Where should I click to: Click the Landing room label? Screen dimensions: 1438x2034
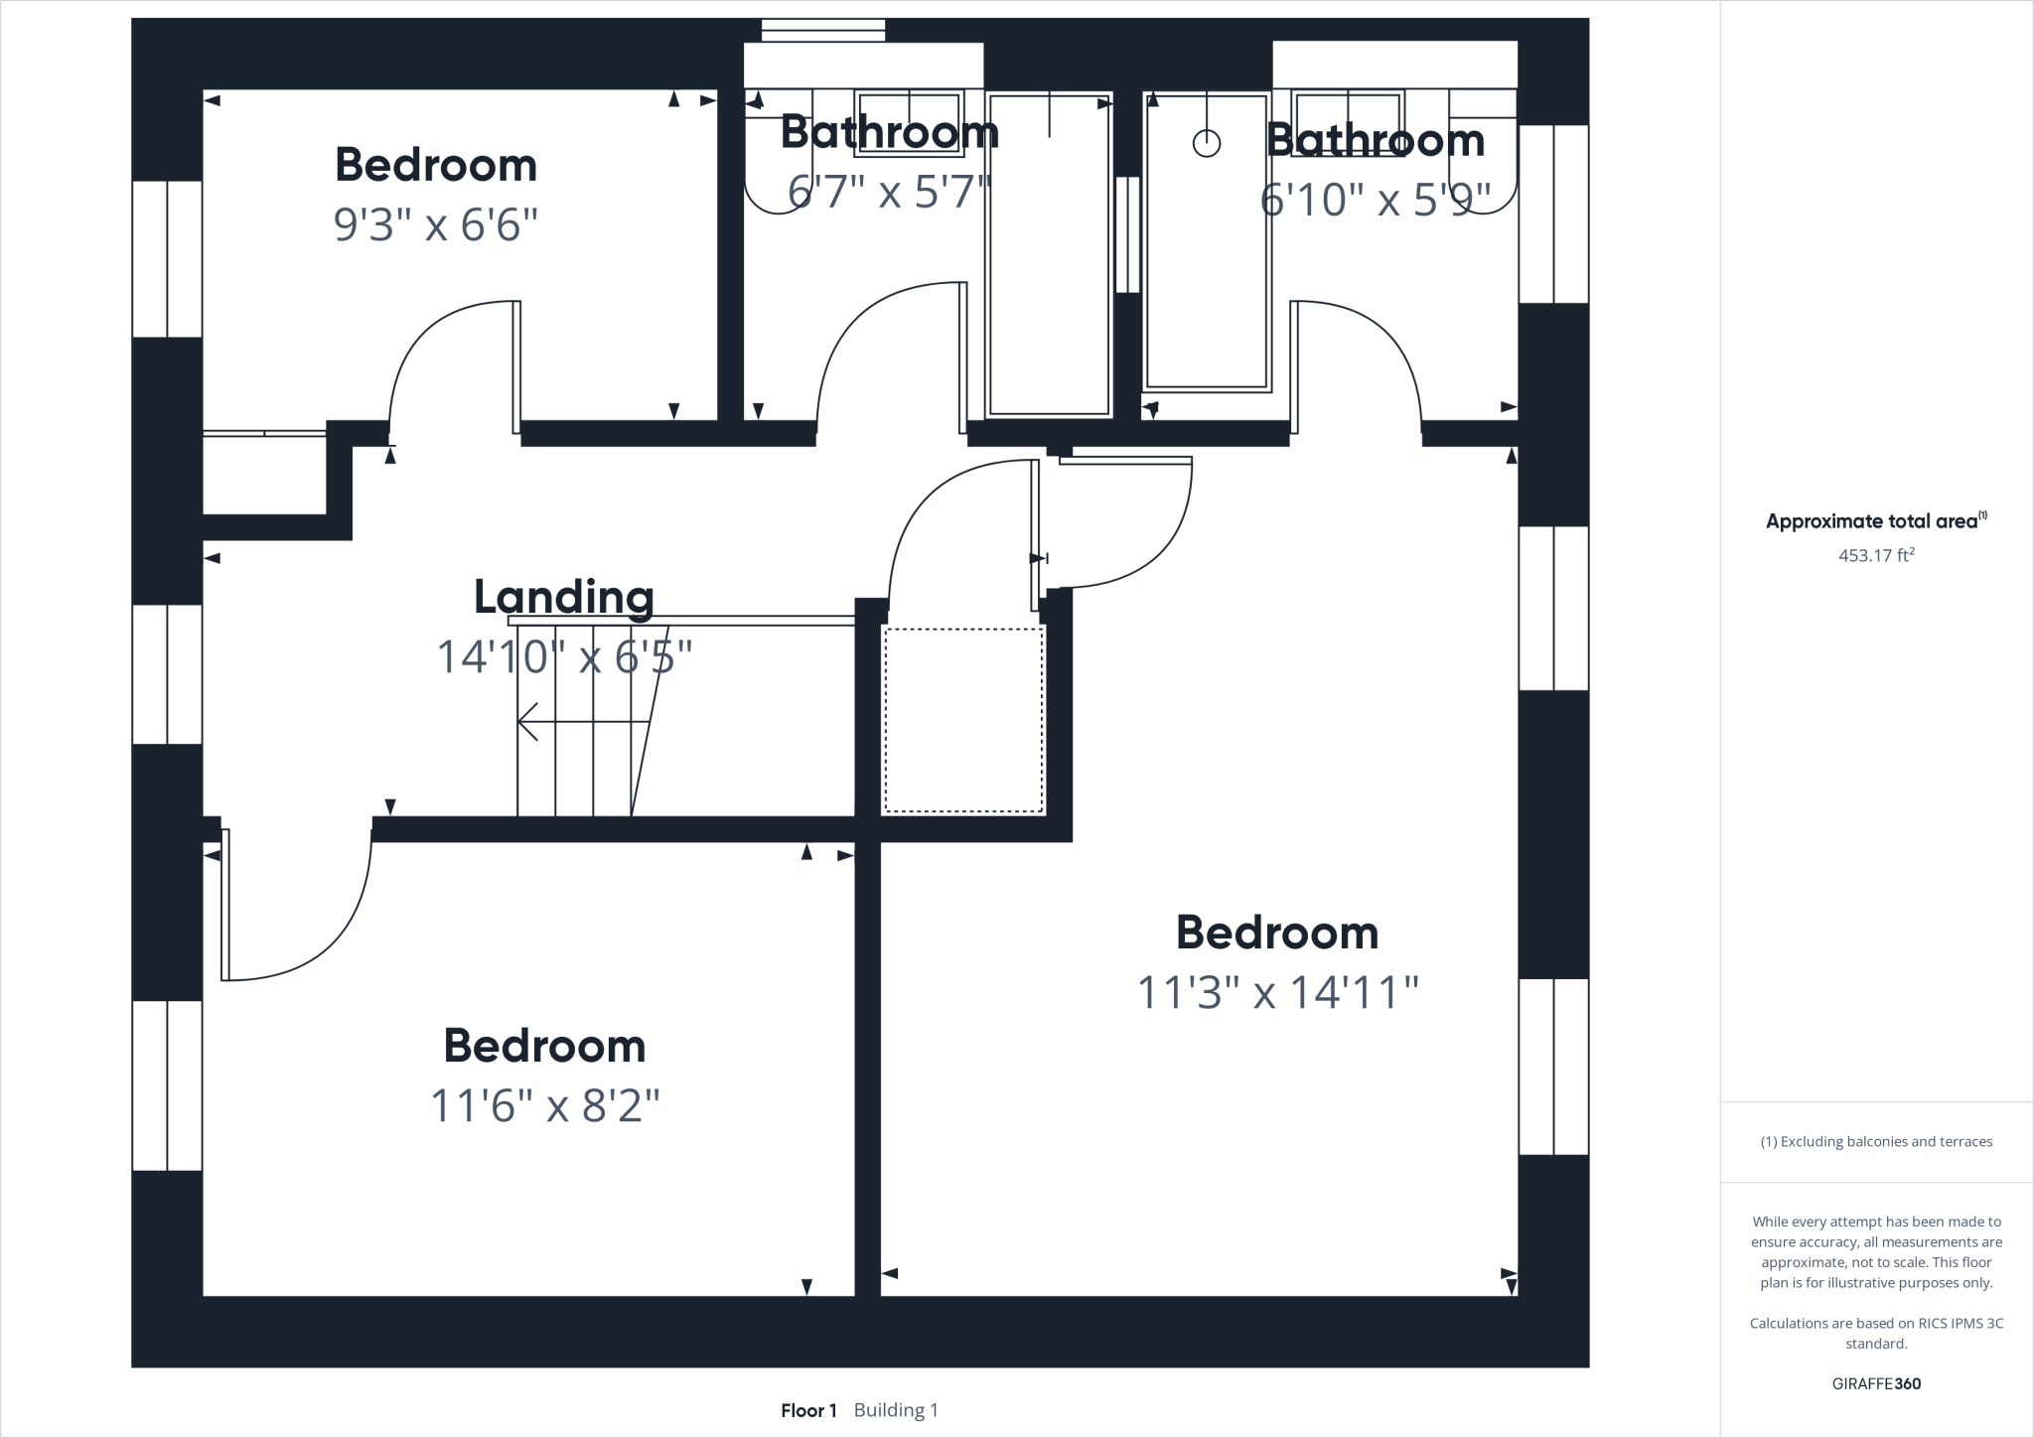tap(563, 598)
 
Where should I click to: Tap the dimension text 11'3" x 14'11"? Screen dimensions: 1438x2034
tap(1277, 992)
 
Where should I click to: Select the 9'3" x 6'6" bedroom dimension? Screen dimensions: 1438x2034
tap(435, 225)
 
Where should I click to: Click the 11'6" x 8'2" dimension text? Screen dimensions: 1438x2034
tap(544, 1105)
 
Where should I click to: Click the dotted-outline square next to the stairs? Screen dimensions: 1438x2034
tap(963, 720)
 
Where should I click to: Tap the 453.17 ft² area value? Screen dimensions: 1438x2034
tap(1875, 555)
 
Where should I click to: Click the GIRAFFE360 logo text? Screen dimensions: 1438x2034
tap(1876, 1383)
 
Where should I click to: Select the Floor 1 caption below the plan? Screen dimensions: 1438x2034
tap(808, 1410)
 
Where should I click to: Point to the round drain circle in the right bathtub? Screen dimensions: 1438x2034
tap(1206, 144)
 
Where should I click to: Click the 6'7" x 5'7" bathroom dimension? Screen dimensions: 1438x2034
tap(889, 192)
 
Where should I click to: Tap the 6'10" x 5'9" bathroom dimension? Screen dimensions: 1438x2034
tap(1375, 200)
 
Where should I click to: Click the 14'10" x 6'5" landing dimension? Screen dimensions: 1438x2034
tap(564, 656)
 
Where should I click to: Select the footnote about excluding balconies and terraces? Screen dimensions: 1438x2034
tap(1876, 1141)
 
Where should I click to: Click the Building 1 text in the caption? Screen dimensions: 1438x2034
tap(896, 1410)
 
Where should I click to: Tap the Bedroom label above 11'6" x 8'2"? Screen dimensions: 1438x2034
tap(544, 1046)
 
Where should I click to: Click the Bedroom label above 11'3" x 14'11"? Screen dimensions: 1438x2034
tap(1277, 933)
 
